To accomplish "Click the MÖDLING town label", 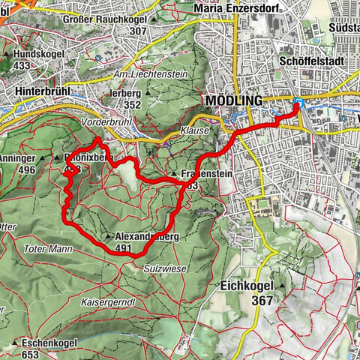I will click(x=232, y=100).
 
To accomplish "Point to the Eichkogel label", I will click(x=247, y=286).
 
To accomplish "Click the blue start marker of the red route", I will click(x=298, y=103).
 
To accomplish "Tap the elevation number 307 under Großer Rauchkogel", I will click(x=137, y=31).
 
